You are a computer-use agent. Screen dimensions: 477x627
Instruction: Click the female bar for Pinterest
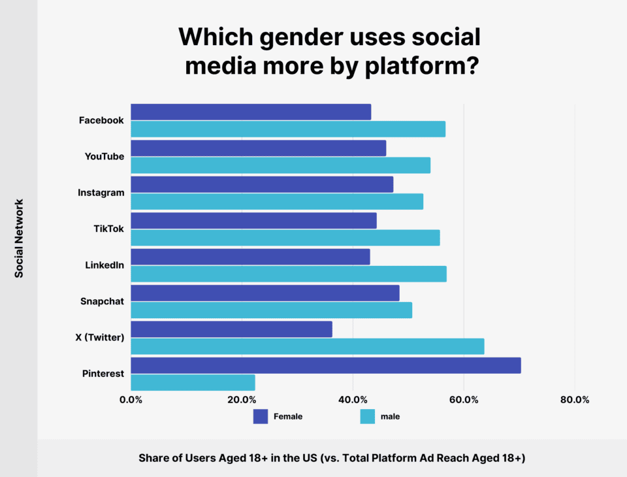click(325, 365)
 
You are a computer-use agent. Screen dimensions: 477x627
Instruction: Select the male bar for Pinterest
click(193, 382)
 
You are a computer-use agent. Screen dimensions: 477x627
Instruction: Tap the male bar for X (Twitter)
click(307, 346)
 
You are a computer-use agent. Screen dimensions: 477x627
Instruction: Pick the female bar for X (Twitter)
click(231, 329)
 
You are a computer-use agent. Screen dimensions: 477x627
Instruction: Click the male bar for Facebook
click(287, 129)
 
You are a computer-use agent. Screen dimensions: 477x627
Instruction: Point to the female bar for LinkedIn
click(250, 257)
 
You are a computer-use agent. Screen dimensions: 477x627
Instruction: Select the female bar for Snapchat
click(265, 293)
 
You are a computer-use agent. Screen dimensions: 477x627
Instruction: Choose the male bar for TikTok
click(285, 237)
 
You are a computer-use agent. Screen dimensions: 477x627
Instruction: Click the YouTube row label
click(104, 156)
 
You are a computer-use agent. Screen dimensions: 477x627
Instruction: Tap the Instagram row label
click(101, 193)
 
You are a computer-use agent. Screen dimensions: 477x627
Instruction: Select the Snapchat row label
click(102, 301)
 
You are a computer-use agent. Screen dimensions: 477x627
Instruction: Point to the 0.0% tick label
click(131, 400)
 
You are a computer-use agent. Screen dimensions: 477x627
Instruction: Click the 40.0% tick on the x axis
click(353, 400)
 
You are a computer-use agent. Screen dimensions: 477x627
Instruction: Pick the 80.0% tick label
click(575, 400)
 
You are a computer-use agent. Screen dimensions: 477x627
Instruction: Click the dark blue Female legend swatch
click(261, 416)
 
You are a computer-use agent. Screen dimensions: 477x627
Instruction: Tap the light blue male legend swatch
click(368, 416)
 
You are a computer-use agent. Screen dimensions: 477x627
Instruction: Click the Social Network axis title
click(19, 238)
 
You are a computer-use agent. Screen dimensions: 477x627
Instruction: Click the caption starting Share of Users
click(332, 458)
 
